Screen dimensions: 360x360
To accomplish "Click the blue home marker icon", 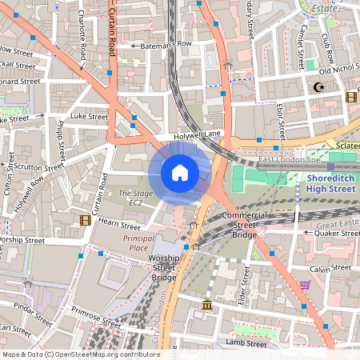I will coord(180,172).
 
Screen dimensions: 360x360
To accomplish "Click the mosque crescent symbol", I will coord(320,86).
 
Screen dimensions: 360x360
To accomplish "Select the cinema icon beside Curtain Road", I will coord(85,220).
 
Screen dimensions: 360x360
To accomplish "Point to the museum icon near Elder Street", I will coord(207,306).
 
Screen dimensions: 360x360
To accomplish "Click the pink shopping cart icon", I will coord(304,284).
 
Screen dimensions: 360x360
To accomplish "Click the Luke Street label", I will coord(88,117).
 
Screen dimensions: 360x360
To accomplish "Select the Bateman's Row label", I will coord(166,44).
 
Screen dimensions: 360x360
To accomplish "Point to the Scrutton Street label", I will coord(37,168).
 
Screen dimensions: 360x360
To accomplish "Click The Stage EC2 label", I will coord(130,198).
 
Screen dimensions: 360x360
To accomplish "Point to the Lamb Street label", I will coord(245,343).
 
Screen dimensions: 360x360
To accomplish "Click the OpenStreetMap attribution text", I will coord(81,354).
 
